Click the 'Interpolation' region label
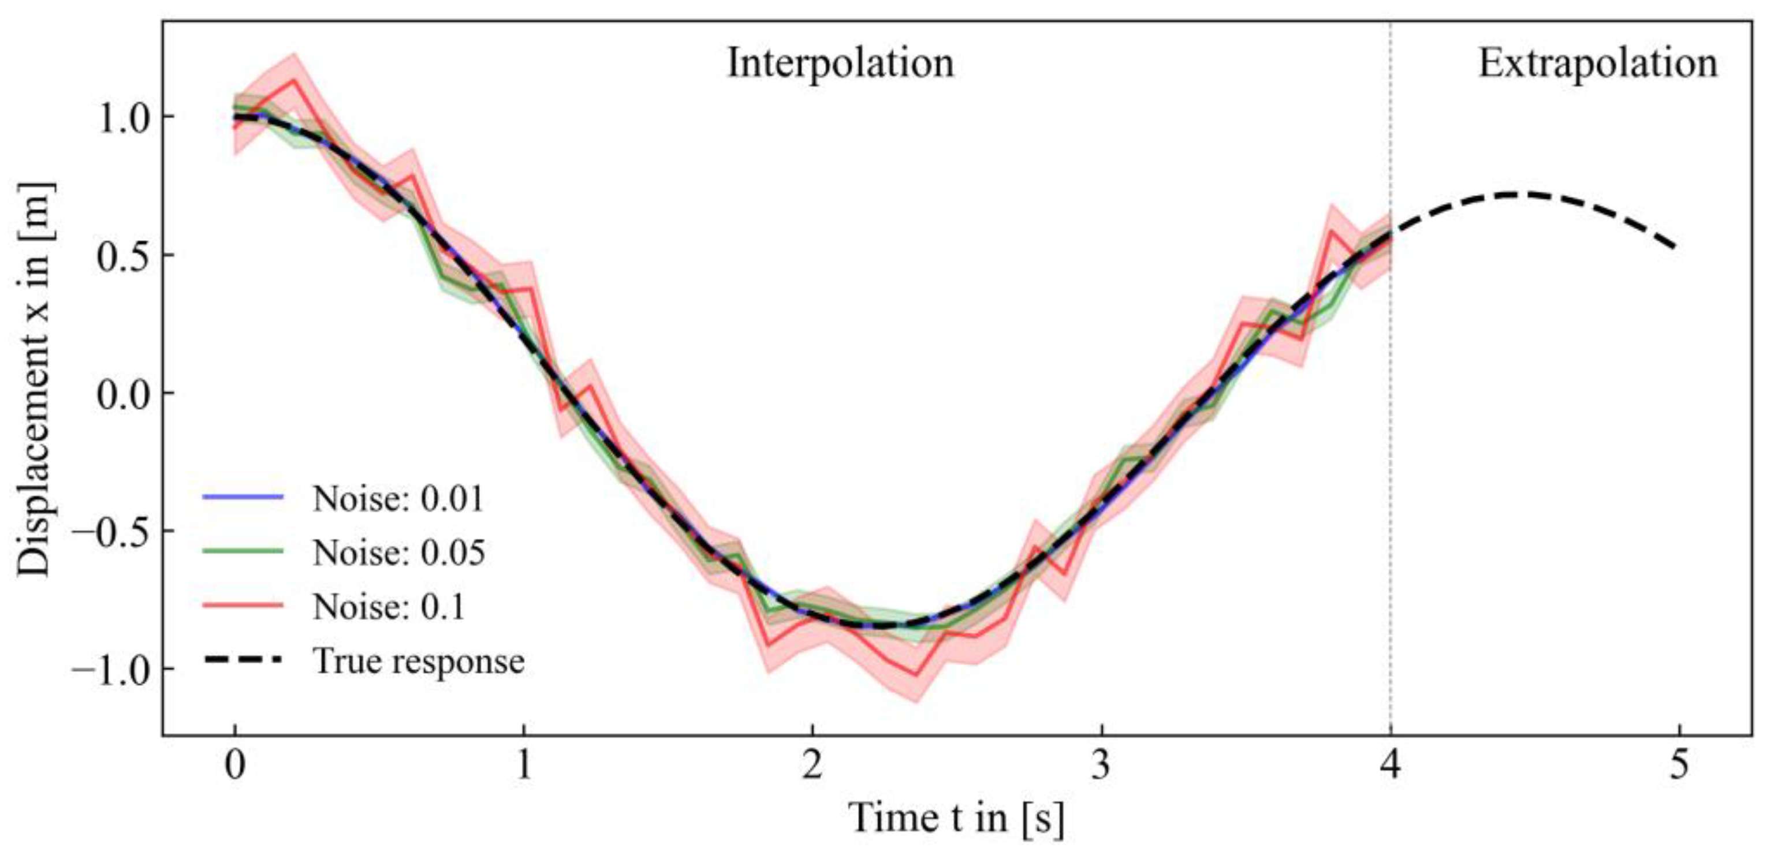click(x=841, y=64)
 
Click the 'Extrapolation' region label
click(x=1597, y=64)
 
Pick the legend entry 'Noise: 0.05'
click(x=398, y=552)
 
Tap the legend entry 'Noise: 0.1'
click(x=389, y=607)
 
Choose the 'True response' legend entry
click(x=418, y=660)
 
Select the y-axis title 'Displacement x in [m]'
click(x=35, y=379)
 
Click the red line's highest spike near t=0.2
click(x=295, y=80)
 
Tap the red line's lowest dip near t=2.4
click(x=916, y=674)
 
